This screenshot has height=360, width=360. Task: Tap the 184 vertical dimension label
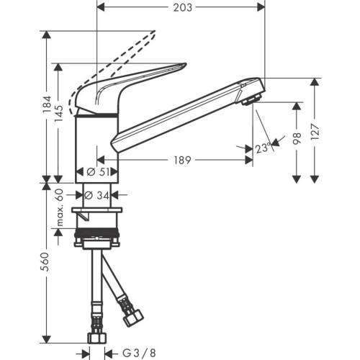[47, 107]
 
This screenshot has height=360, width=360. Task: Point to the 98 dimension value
[295, 140]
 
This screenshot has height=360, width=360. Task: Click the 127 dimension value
[315, 130]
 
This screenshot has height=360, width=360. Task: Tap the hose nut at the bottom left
[96, 336]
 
